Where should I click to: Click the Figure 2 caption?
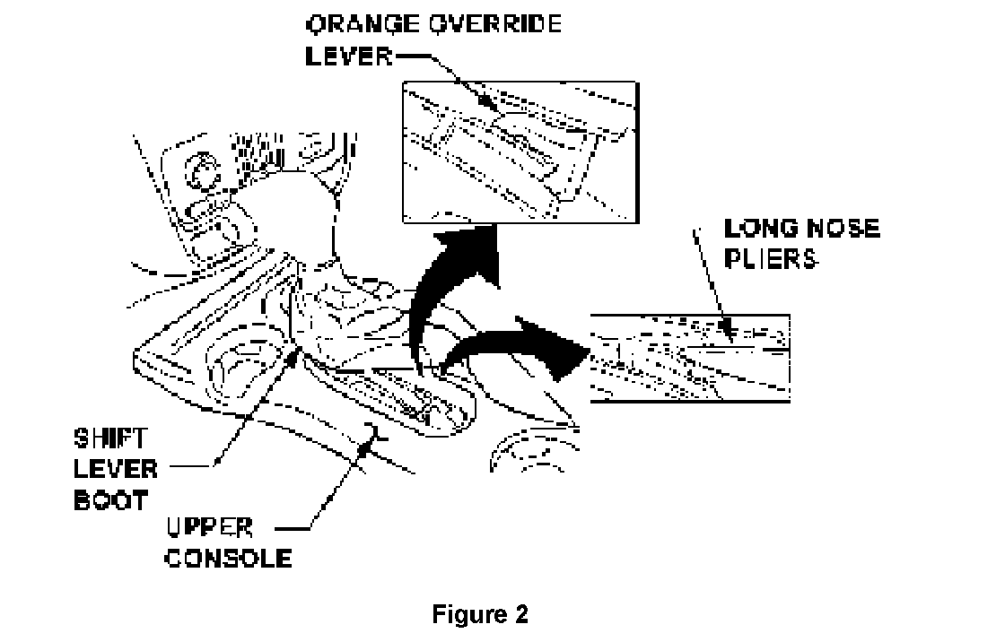pos(481,615)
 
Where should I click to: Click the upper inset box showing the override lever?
pos(520,152)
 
